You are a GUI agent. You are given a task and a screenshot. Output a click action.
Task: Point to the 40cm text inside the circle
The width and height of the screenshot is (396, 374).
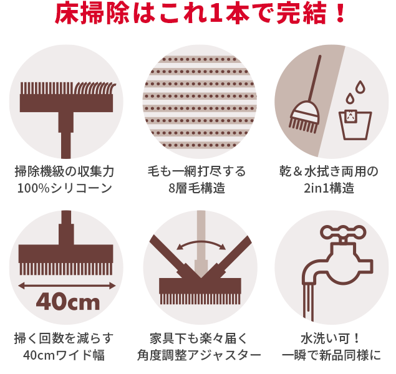67,302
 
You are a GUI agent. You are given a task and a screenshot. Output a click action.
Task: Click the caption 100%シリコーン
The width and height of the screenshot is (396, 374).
67,188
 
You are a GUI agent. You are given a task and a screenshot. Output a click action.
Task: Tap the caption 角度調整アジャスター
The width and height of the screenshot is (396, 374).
198,356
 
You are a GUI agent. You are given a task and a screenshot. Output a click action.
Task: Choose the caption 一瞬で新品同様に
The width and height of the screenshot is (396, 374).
331,356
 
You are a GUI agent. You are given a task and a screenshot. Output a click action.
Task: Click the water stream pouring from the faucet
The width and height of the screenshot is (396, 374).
310,299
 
